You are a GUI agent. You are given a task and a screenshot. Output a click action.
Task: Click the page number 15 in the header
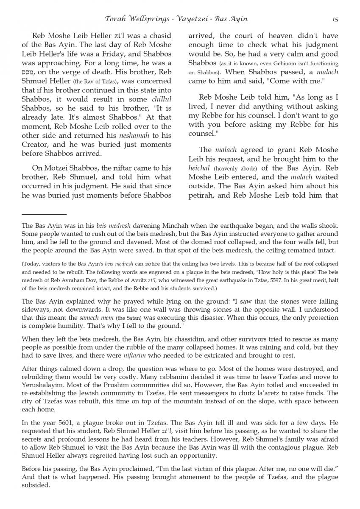[x=335, y=19]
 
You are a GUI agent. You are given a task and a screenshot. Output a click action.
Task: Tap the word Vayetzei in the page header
[x=190, y=19]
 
